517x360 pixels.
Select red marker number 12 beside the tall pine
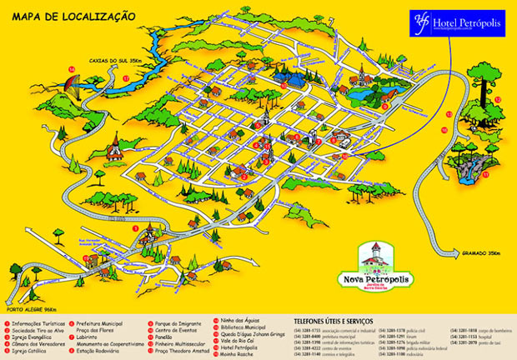pos(497,99)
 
